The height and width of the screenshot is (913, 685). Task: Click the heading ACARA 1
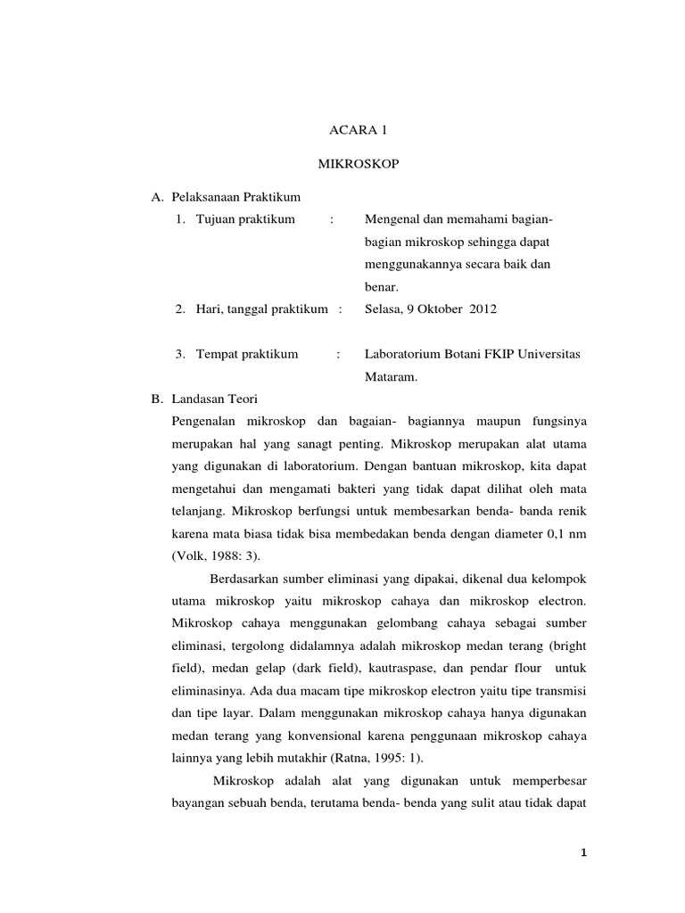point(355,130)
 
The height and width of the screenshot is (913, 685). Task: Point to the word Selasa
point(384,308)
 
